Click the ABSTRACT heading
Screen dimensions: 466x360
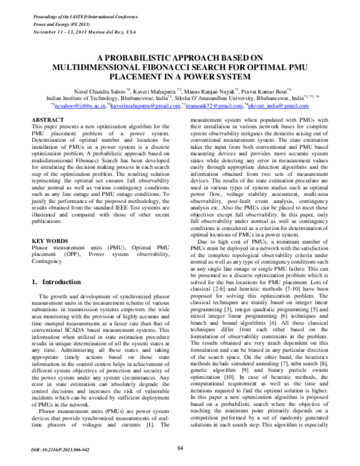click(47, 121)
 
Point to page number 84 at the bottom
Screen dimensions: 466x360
click(180, 447)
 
